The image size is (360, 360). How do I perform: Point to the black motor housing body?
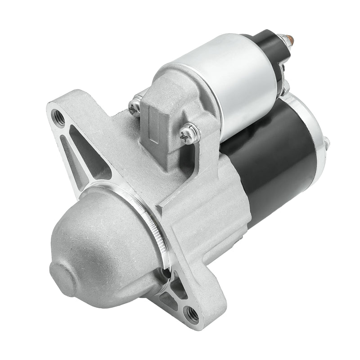(x=274, y=157)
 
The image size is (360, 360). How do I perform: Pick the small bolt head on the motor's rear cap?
(x=326, y=143)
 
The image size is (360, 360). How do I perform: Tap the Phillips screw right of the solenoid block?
(x=188, y=134)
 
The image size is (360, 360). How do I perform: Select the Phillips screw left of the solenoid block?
(x=135, y=108)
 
